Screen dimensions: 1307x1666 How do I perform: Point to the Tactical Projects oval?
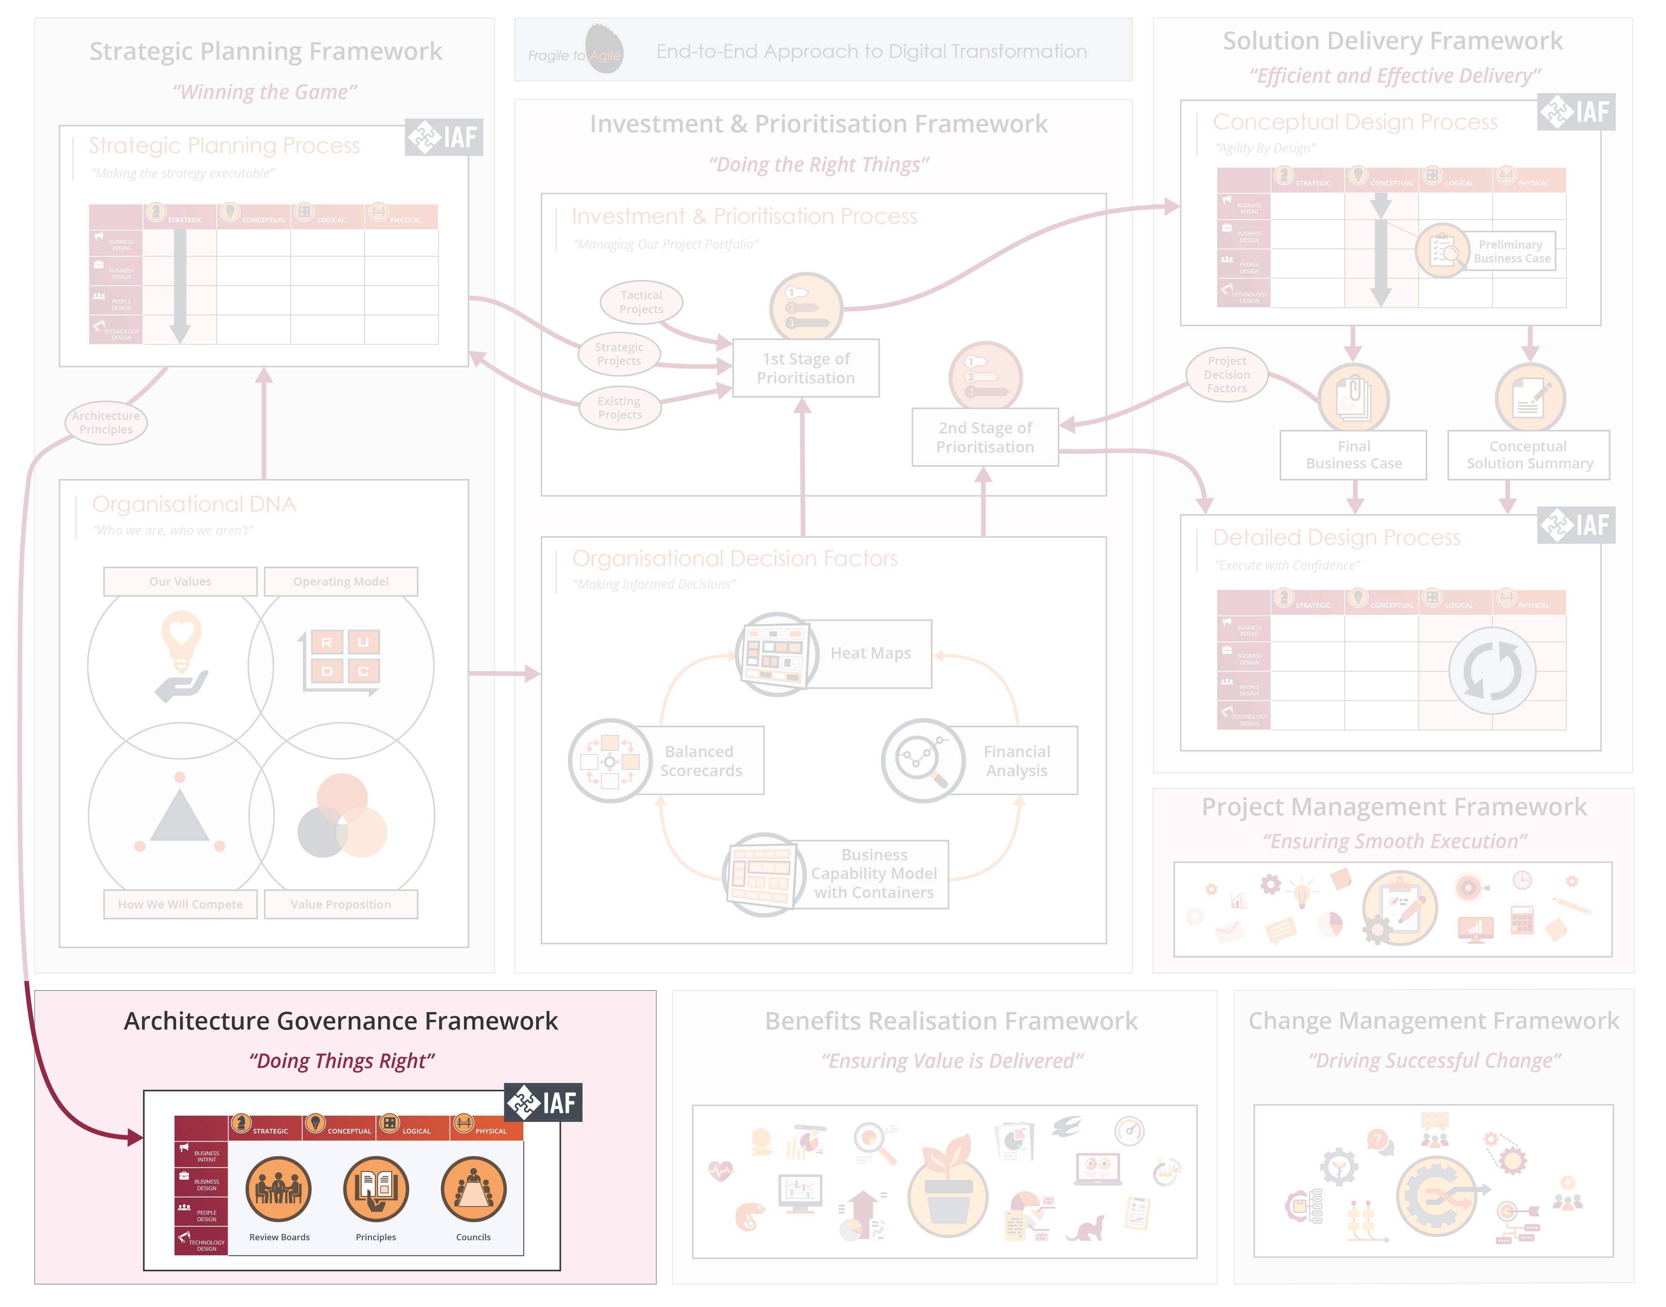point(641,302)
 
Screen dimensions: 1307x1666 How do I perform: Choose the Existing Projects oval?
point(619,408)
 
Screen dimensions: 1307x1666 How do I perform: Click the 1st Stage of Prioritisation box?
point(806,368)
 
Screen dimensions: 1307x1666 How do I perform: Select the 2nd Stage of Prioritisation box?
point(984,437)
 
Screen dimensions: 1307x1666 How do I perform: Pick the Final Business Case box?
point(1353,454)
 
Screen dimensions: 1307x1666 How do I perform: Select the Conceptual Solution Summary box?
point(1528,454)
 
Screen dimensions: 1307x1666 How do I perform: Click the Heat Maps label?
point(870,653)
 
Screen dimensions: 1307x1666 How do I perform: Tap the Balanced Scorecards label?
point(700,761)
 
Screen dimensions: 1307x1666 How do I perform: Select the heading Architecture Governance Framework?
point(341,1021)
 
